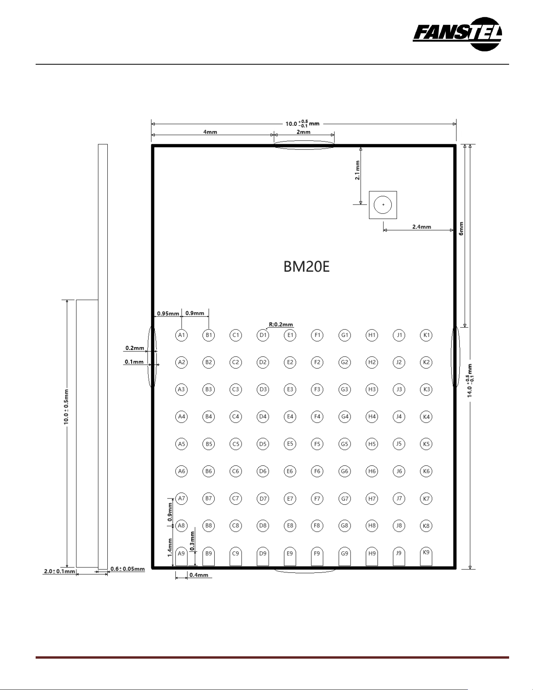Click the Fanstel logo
pos(457,34)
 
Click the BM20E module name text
pos(306,267)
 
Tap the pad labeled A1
pos(181,335)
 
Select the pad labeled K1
pos(426,335)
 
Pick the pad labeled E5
pos(290,444)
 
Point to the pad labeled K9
pos(426,556)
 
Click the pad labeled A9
pos(181,556)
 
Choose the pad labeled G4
pos(345,417)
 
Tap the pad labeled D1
pos(263,335)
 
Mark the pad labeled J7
pos(399,498)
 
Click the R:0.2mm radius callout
pos(281,324)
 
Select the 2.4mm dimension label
pos(421,226)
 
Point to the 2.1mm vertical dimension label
pos(357,170)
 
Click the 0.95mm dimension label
pos(168,313)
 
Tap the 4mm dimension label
pos(210,132)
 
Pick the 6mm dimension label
pos(461,228)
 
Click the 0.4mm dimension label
pos(199,575)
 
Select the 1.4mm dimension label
pos(170,547)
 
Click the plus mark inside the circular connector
pos(383,205)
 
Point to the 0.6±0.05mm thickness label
pos(128,569)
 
